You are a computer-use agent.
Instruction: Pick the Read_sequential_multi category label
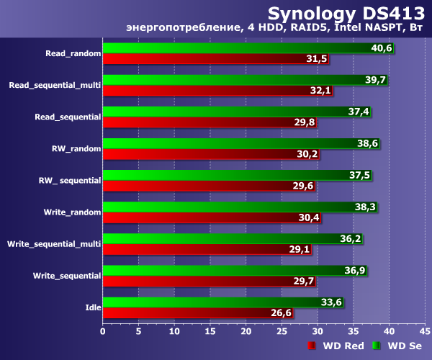[x=55, y=85]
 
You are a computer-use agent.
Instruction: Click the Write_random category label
[x=70, y=212]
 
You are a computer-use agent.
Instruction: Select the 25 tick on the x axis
[x=282, y=331]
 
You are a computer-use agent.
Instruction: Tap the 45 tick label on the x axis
[x=424, y=331]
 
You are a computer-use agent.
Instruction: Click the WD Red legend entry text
[x=343, y=346]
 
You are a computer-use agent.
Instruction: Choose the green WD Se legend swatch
[x=375, y=346]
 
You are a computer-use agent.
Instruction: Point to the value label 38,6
[x=368, y=143]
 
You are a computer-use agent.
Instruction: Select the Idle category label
[x=92, y=307]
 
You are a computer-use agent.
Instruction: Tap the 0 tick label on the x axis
[x=103, y=331]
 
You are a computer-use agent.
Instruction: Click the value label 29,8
[x=305, y=122]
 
